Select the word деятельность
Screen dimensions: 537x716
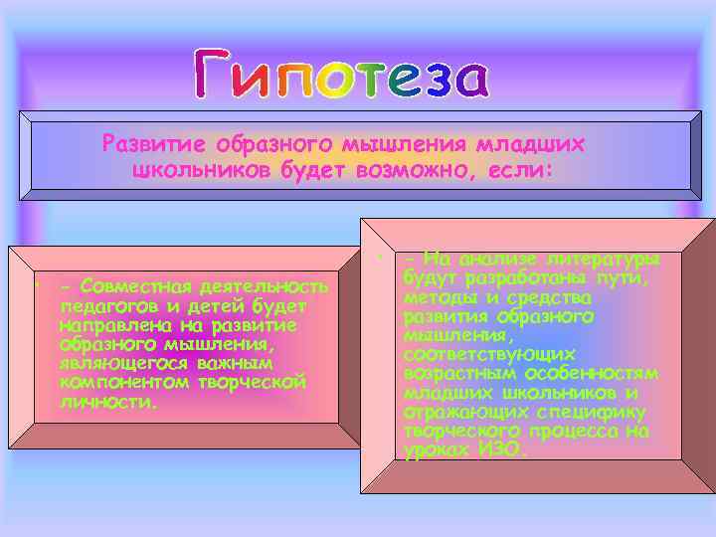point(263,286)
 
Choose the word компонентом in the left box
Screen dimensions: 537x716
point(115,382)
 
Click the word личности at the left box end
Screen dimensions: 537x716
point(106,401)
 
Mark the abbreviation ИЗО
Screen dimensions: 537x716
point(498,449)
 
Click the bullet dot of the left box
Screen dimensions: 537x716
point(34,281)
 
